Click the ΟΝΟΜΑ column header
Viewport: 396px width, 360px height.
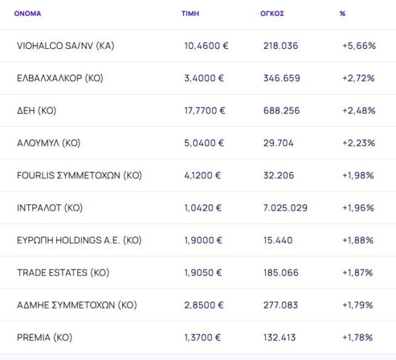coord(27,13)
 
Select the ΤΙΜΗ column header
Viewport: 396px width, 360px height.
coord(190,13)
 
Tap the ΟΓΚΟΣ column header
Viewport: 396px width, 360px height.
coord(273,13)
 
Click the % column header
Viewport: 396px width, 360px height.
coord(343,13)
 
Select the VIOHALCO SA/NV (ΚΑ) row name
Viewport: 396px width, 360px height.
coord(66,46)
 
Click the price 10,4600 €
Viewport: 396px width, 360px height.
coord(206,46)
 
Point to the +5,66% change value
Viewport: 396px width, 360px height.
coord(358,46)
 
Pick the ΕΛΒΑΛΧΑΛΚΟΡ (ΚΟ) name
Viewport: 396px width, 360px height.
coord(60,78)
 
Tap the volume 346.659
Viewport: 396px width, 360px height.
coord(281,78)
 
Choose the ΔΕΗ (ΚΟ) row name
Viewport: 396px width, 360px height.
coord(37,110)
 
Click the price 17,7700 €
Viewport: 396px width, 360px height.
coord(205,110)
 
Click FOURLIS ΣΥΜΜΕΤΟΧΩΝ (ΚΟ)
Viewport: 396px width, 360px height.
coord(79,175)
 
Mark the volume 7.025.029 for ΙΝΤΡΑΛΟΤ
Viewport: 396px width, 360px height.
coord(285,207)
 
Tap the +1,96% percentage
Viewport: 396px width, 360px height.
coord(358,207)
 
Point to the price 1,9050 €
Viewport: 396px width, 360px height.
coord(203,272)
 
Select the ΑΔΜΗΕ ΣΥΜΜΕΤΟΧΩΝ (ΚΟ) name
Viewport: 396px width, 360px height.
coord(77,305)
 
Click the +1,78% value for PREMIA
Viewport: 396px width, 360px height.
coord(358,338)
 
